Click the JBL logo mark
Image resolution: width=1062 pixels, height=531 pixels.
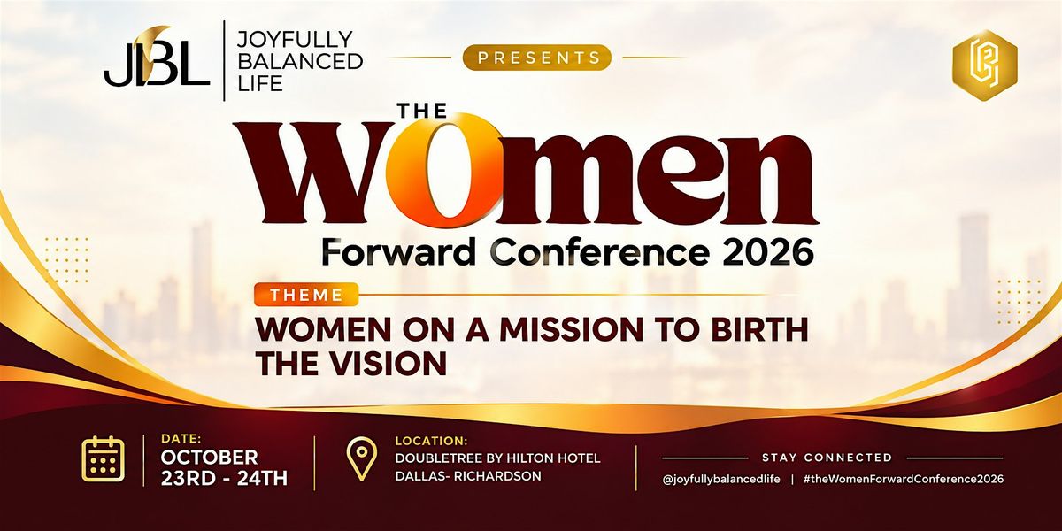[x=157, y=57]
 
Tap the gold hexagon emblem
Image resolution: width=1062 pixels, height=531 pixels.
[x=985, y=65]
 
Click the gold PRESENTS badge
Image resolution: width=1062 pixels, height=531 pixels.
[x=536, y=58]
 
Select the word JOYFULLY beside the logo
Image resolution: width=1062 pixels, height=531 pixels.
[x=295, y=40]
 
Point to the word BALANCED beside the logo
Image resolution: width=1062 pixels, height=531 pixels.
[x=300, y=62]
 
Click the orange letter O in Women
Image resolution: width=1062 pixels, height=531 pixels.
[x=443, y=170]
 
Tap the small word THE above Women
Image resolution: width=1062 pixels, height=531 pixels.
[x=423, y=111]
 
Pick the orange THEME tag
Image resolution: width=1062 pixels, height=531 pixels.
[x=306, y=295]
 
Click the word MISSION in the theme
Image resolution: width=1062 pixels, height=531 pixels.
[x=572, y=329]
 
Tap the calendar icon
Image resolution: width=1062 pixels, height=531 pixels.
[x=104, y=459]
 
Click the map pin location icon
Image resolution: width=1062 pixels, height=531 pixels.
[x=362, y=459]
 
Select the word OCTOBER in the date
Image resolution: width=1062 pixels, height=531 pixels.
[x=209, y=458]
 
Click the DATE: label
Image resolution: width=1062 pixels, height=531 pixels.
[x=181, y=439]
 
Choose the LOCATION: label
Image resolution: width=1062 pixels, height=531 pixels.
[x=432, y=441]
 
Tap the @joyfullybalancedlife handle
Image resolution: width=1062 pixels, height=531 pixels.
[x=721, y=479]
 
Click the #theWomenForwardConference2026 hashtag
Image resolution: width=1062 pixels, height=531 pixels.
[x=904, y=479]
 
